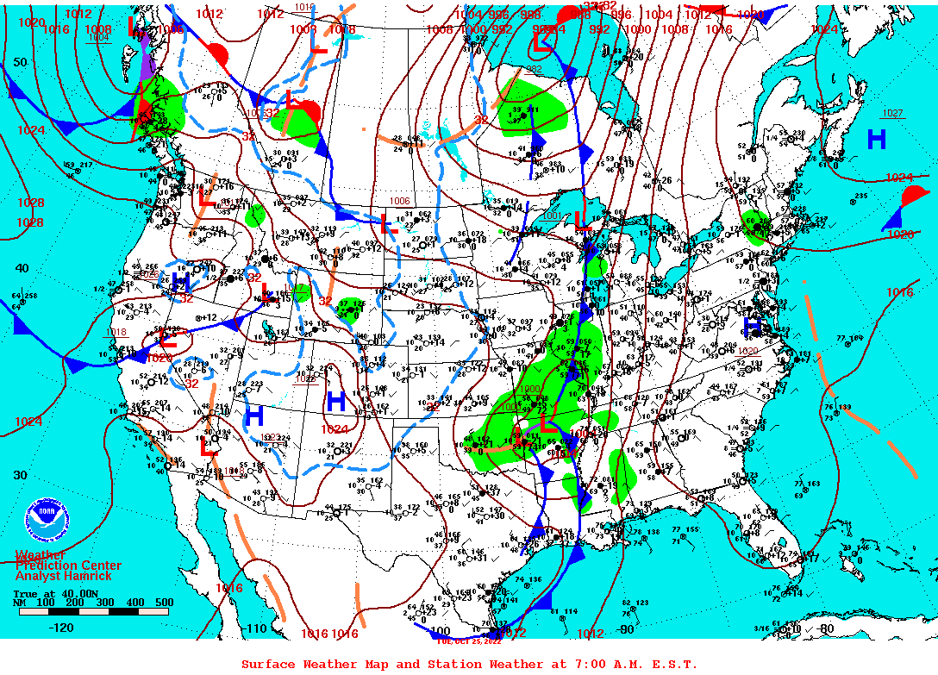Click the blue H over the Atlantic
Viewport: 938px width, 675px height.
click(877, 140)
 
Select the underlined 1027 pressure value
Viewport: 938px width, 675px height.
click(892, 114)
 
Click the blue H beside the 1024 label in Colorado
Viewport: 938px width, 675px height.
click(335, 401)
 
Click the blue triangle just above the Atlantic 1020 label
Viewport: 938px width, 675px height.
click(891, 222)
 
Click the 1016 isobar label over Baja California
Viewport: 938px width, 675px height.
click(228, 588)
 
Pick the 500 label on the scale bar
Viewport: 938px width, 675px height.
click(163, 603)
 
